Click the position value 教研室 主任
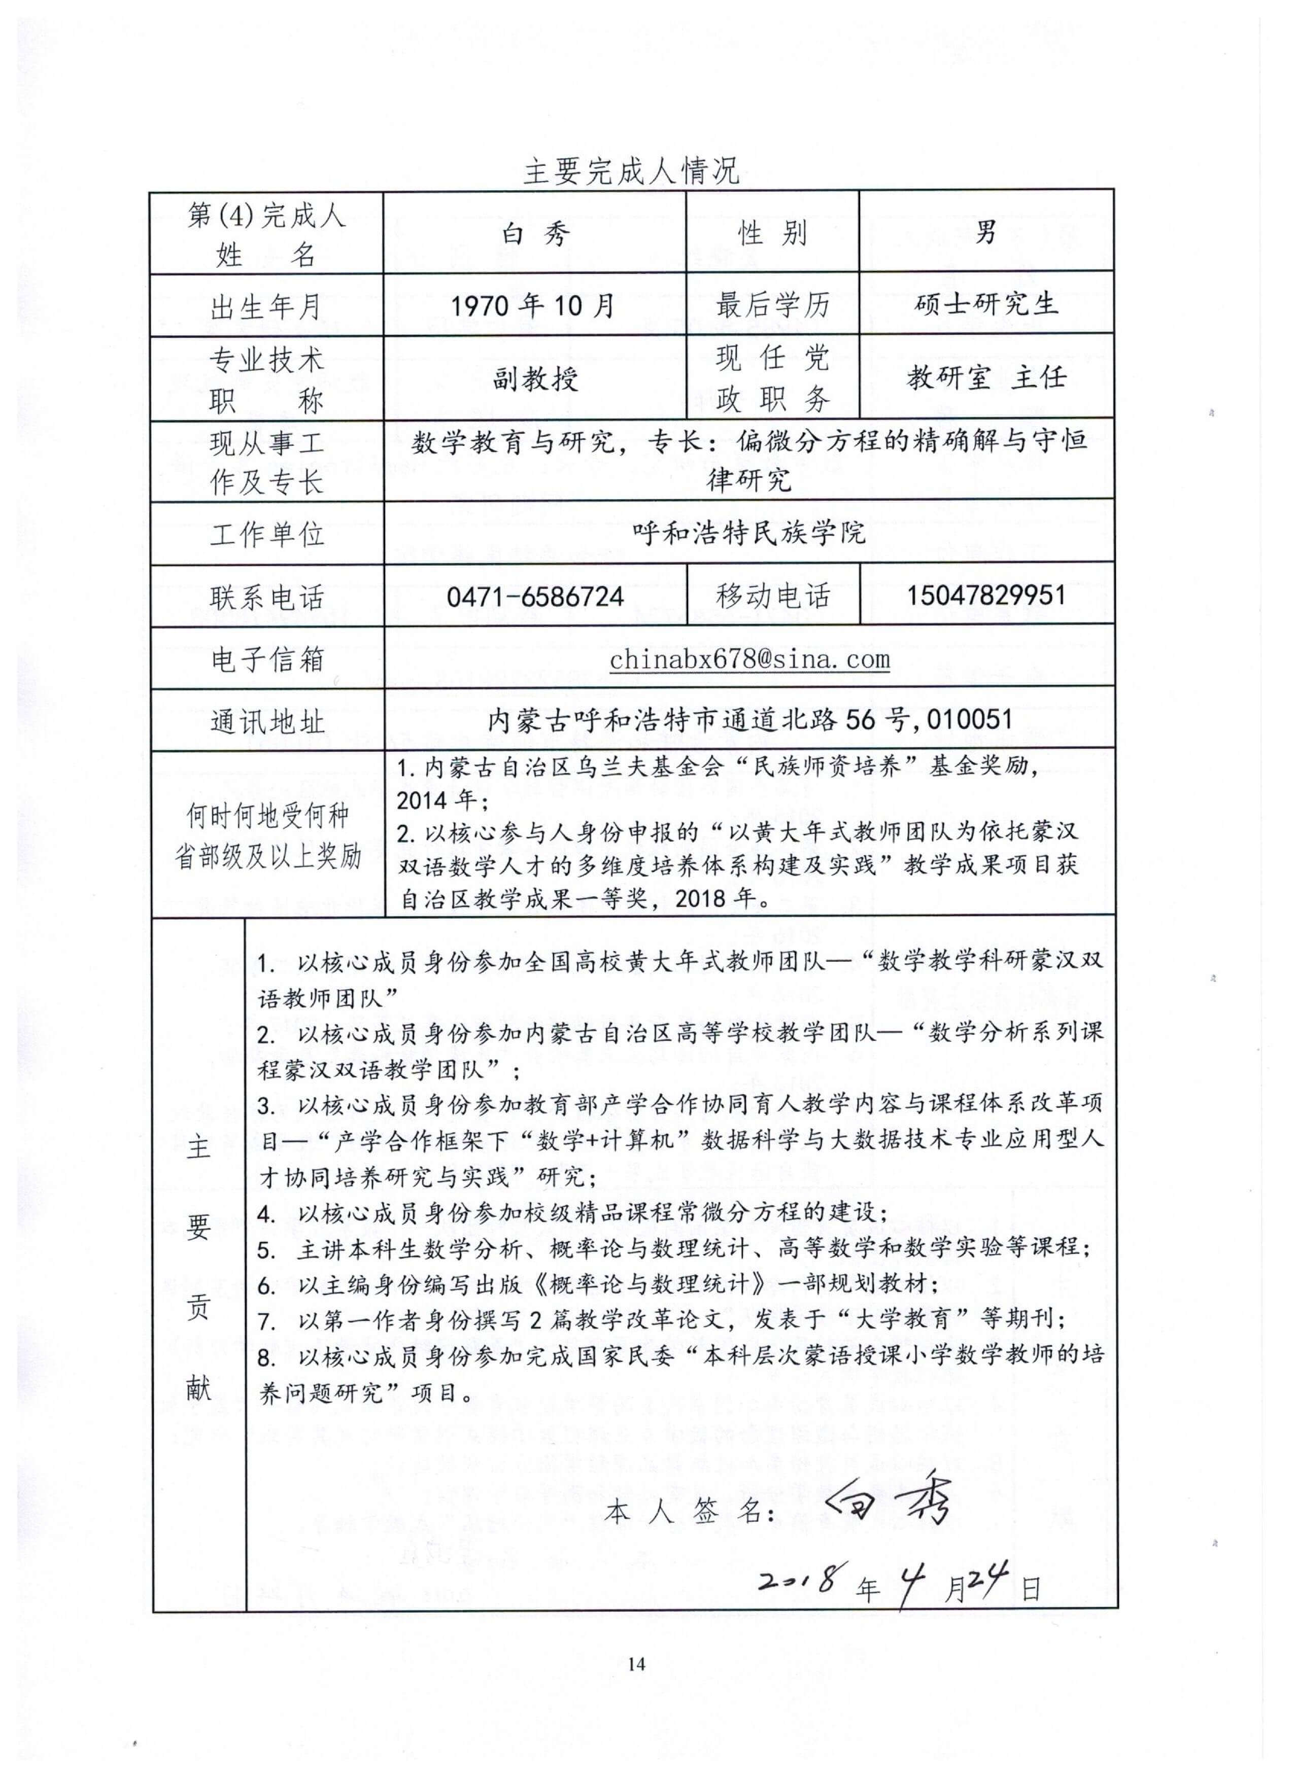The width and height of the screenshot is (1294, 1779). [x=986, y=378]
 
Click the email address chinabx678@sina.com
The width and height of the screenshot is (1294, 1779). [x=750, y=659]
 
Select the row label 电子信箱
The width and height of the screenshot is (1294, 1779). [x=267, y=659]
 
